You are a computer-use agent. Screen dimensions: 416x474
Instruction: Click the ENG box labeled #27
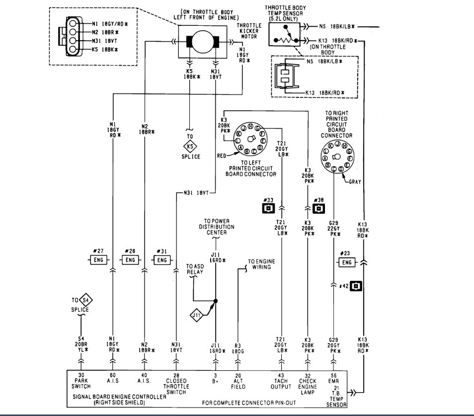click(x=98, y=260)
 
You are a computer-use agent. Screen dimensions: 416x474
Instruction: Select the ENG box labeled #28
click(x=130, y=260)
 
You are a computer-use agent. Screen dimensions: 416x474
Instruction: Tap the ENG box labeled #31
click(x=162, y=260)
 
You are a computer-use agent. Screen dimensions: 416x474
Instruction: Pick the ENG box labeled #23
click(x=346, y=262)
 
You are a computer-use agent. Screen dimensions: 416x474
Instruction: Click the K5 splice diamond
click(x=190, y=147)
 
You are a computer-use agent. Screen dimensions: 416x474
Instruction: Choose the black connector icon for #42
click(x=356, y=286)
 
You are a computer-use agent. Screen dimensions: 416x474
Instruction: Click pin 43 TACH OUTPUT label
click(x=282, y=380)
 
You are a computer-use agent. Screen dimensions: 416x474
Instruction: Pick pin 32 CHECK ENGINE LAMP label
click(x=308, y=383)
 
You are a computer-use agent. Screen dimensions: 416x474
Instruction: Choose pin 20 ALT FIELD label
click(x=238, y=380)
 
